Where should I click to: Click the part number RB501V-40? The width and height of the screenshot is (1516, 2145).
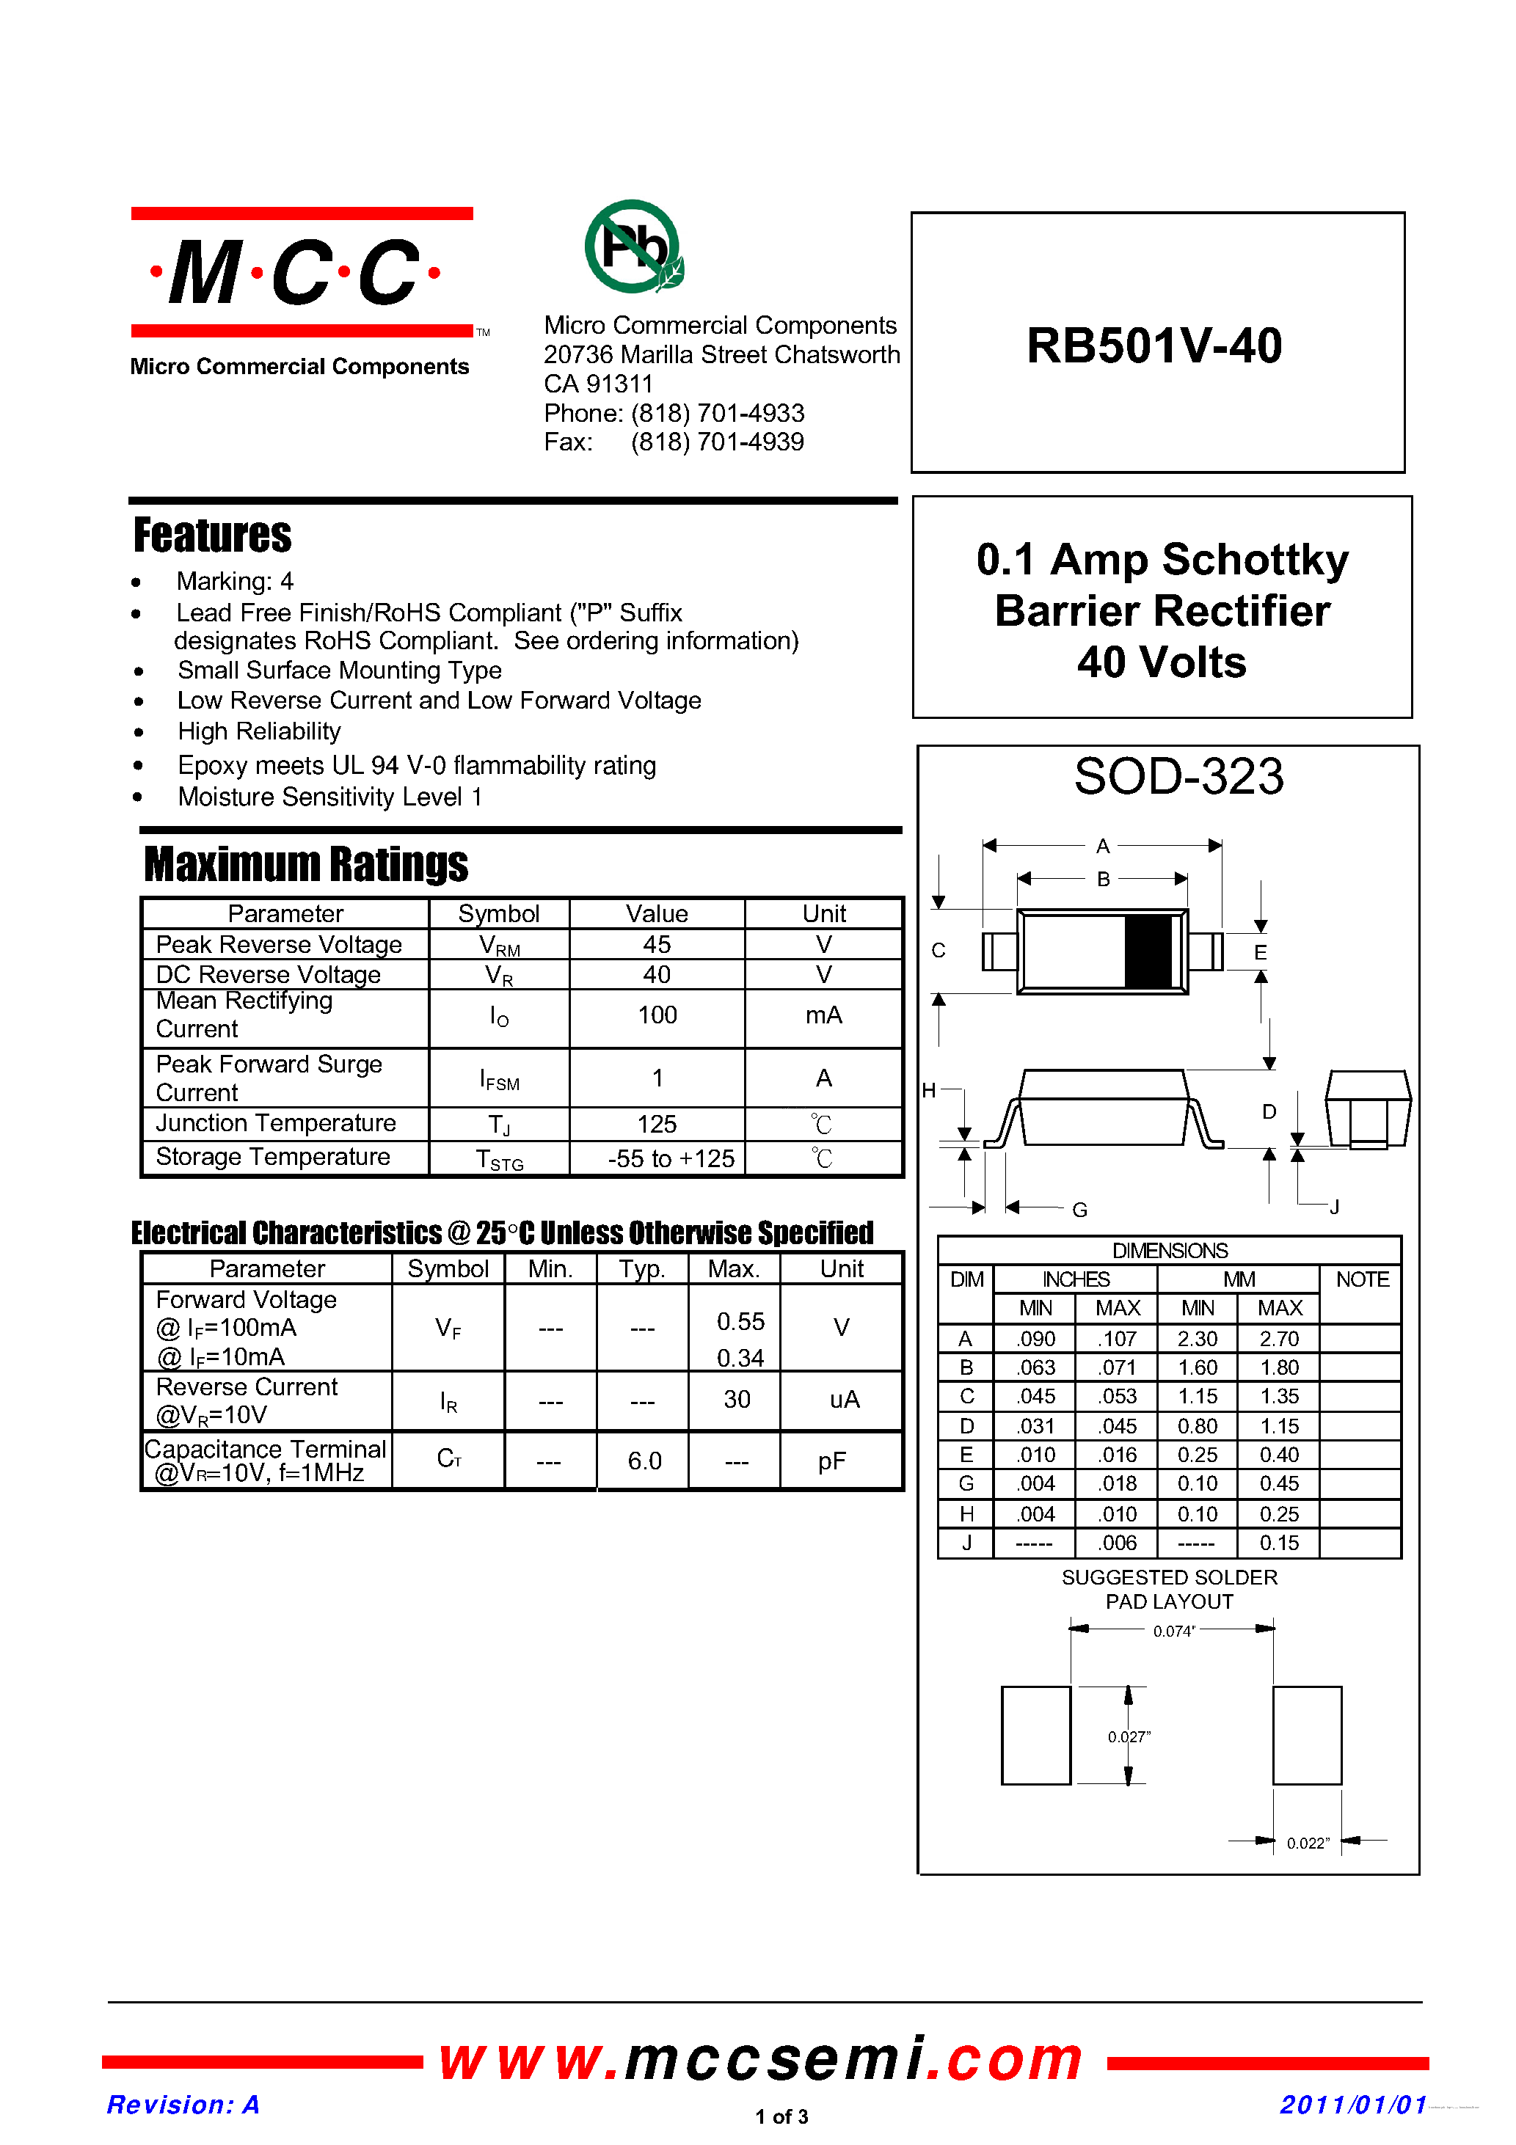(1154, 346)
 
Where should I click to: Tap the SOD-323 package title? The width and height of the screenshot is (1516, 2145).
(1178, 776)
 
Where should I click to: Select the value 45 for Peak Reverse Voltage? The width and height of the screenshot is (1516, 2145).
(656, 945)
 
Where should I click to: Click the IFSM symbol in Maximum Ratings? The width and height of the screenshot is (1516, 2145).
(499, 1080)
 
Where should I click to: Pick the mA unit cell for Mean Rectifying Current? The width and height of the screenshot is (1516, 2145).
(823, 1015)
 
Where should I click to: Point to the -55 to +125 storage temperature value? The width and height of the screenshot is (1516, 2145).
(671, 1158)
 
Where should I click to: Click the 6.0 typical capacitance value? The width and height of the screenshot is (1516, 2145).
(644, 1461)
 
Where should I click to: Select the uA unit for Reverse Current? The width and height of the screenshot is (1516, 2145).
(844, 1400)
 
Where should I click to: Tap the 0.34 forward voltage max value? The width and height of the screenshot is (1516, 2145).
(740, 1357)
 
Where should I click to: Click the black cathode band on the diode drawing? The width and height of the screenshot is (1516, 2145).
(1148, 951)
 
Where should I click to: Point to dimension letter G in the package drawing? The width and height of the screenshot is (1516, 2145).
(1079, 1210)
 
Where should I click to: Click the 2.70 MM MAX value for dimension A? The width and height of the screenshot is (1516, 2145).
(1278, 1339)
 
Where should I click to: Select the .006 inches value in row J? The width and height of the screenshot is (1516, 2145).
(1117, 1543)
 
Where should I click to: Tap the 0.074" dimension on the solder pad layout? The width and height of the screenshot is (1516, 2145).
(1174, 1631)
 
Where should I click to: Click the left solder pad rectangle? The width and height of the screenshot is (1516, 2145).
(1035, 1735)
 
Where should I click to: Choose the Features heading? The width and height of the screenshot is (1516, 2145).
(212, 536)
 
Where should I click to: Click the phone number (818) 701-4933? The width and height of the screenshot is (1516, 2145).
(717, 413)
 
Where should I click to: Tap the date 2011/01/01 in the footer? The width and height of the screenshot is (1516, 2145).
(1352, 2105)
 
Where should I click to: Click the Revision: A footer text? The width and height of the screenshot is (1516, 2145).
(183, 2105)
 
